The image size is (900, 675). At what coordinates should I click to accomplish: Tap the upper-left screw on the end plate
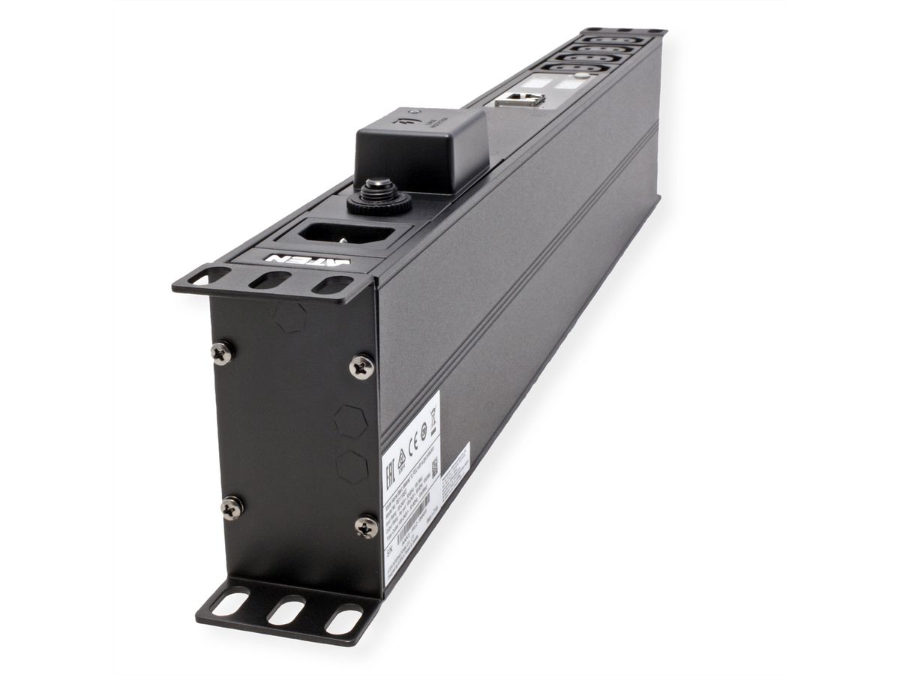coord(222,352)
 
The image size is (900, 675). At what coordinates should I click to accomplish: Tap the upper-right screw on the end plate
coord(361,366)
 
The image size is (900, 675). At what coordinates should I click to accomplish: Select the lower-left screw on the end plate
coord(232,508)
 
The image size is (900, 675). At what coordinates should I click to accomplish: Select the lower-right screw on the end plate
coord(366,526)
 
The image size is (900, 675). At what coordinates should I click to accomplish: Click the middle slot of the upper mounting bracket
coord(270,280)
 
